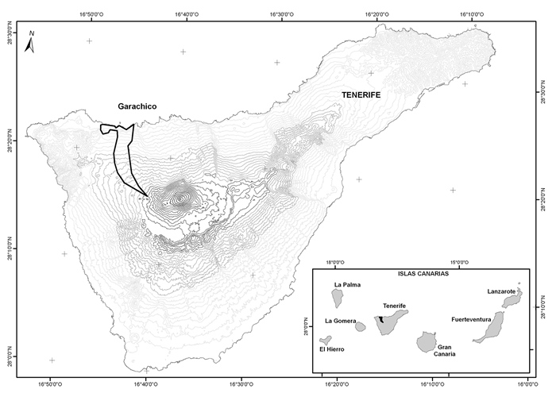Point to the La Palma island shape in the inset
click(x=337, y=299)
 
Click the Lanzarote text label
click(x=503, y=291)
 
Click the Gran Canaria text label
click(x=445, y=351)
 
